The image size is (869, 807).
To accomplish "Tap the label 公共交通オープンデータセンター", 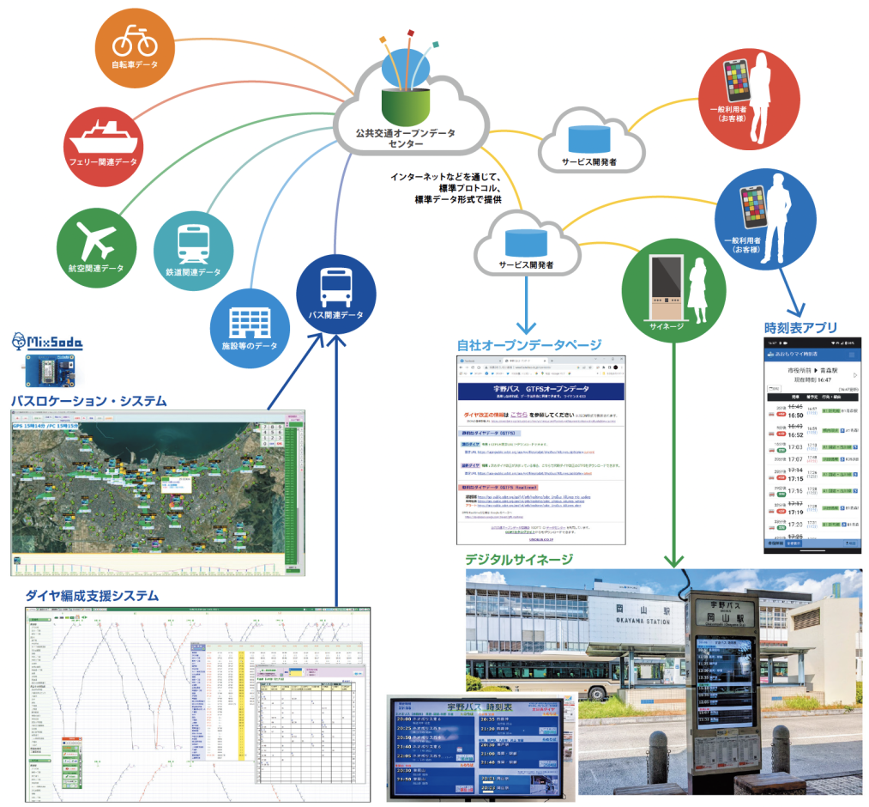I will click(406, 139).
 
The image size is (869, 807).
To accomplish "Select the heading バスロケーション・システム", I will click(88, 401).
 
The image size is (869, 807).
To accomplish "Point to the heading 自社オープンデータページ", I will click(528, 344).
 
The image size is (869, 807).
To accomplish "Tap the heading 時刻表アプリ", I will click(800, 326).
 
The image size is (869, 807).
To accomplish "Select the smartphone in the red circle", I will click(737, 82).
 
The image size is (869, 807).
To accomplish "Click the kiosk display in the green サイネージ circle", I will click(665, 280).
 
